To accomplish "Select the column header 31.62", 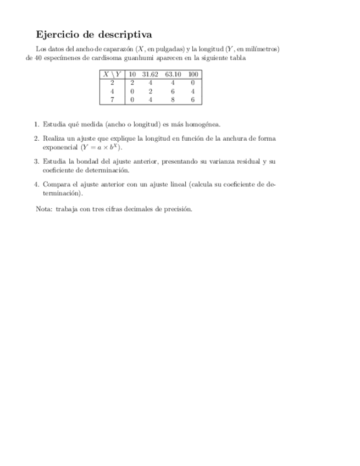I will [x=149, y=74].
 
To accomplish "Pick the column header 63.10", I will [x=173, y=74].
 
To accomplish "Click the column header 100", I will [x=193, y=74].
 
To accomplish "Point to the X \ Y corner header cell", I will [x=112, y=74].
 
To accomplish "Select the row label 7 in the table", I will [x=112, y=99].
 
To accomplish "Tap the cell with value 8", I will [x=173, y=99].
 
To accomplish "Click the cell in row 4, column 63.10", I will [x=173, y=91].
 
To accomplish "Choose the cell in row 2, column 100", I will [x=193, y=82].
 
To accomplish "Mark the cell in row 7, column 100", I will [x=193, y=99].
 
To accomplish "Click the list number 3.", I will [x=36, y=162].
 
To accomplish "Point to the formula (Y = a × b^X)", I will [x=102, y=147].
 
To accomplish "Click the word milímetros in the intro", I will [x=261, y=49].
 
